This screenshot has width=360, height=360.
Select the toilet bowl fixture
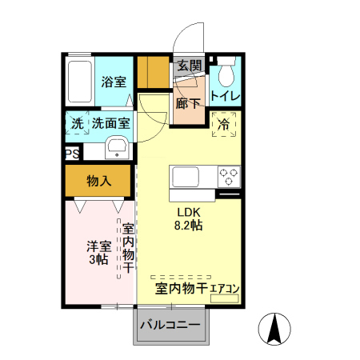pos(226,75)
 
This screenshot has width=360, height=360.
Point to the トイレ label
pos(226,97)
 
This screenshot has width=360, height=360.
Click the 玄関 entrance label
pos(189,66)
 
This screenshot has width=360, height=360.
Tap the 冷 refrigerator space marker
pos(225,124)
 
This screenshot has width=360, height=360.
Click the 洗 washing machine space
pos(77,124)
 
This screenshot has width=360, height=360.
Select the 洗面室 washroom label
pos(110,124)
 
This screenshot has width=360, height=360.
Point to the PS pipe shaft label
pos(71,154)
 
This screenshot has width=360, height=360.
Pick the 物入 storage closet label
pos(98,182)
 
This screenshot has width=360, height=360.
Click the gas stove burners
pos(228,176)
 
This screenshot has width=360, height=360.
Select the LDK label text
pos(189,212)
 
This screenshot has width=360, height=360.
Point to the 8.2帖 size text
pos(189,226)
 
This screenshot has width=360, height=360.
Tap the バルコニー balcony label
pos(173,326)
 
